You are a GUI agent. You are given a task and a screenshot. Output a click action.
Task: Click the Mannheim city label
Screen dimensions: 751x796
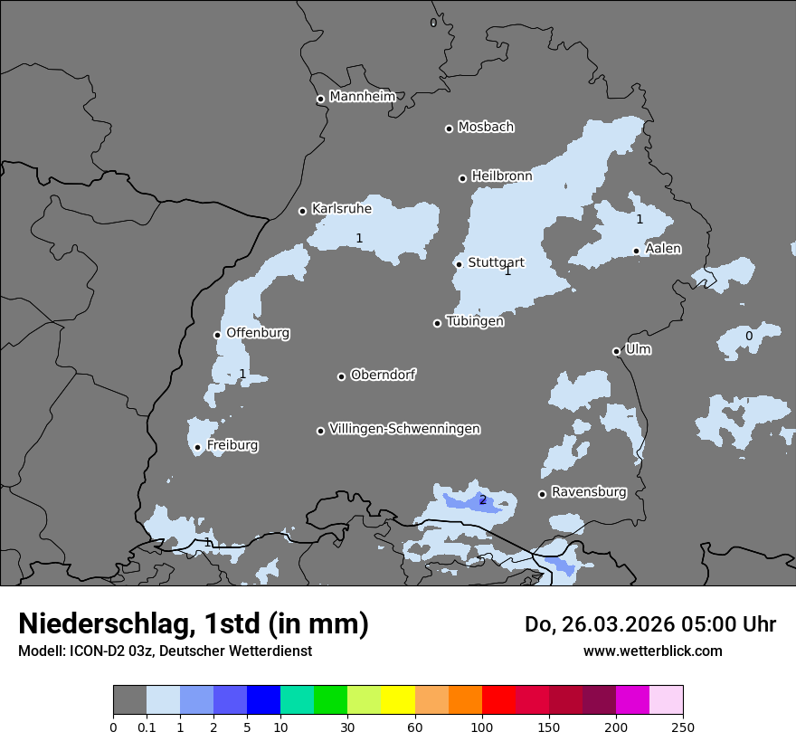tap(362, 97)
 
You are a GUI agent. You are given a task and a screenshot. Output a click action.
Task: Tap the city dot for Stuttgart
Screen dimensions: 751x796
tap(459, 264)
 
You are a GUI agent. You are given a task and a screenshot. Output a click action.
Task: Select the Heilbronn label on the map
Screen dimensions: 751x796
tap(501, 176)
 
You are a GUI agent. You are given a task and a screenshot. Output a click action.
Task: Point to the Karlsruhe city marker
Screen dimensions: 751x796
tap(302, 211)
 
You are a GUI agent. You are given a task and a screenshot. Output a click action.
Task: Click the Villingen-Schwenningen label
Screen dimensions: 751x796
tap(404, 429)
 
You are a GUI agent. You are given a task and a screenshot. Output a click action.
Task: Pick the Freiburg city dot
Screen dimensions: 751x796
tap(197, 447)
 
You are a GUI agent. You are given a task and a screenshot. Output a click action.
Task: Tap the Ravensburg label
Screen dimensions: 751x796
tap(588, 492)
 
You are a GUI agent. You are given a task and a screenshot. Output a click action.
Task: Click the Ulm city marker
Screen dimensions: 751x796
tap(616, 351)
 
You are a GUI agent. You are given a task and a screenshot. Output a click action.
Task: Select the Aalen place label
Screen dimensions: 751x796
tap(663, 249)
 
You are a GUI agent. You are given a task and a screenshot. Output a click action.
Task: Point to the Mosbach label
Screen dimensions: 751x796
tap(485, 128)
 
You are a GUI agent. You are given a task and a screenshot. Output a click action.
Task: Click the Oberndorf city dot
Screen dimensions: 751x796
tap(341, 376)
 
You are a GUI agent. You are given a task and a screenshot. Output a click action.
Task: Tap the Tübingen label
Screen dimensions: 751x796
tap(474, 321)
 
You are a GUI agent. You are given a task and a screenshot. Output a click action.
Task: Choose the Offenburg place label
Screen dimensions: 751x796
tap(258, 333)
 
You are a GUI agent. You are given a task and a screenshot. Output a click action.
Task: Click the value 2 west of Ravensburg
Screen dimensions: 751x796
tap(482, 500)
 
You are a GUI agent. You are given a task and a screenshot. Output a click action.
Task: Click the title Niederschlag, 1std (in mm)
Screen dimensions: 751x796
tap(193, 623)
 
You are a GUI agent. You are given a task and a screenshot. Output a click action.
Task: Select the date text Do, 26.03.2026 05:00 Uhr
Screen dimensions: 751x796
tap(649, 624)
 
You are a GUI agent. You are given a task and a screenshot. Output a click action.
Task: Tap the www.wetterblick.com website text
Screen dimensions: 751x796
tap(652, 651)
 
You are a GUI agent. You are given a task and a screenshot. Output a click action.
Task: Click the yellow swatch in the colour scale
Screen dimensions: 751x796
tap(398, 700)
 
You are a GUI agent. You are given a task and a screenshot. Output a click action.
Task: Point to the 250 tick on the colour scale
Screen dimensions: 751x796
tap(683, 727)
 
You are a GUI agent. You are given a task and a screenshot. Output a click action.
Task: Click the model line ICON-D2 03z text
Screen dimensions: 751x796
tap(165, 651)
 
